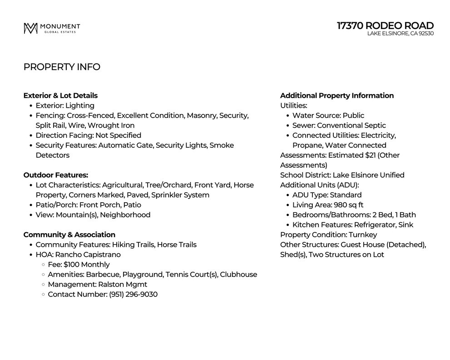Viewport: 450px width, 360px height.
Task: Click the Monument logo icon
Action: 30,28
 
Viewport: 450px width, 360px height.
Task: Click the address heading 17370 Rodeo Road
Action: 385,25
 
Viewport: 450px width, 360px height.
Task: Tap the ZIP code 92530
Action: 426,34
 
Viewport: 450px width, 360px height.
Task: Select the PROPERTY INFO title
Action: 62,67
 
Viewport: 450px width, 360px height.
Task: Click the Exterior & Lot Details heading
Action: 60,95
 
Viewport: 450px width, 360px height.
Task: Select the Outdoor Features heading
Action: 56,175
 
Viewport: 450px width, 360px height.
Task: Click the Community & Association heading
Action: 69,235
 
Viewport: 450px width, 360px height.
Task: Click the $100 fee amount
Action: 72,265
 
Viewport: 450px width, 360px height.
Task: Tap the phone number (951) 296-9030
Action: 133,295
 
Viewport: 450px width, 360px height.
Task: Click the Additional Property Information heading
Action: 336,95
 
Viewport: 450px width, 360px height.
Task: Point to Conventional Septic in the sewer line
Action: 351,125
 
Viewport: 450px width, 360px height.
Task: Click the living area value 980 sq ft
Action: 348,205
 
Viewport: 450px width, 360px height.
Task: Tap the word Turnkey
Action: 362,235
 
